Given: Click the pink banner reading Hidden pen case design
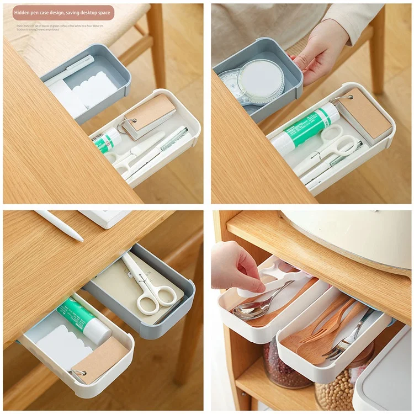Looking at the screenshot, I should (63, 12).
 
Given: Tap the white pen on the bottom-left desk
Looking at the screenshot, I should (59, 225).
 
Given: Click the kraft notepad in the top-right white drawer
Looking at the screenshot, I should (364, 113).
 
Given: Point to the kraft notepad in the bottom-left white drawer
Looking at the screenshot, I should (100, 359).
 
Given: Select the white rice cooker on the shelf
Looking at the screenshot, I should (353, 237).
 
